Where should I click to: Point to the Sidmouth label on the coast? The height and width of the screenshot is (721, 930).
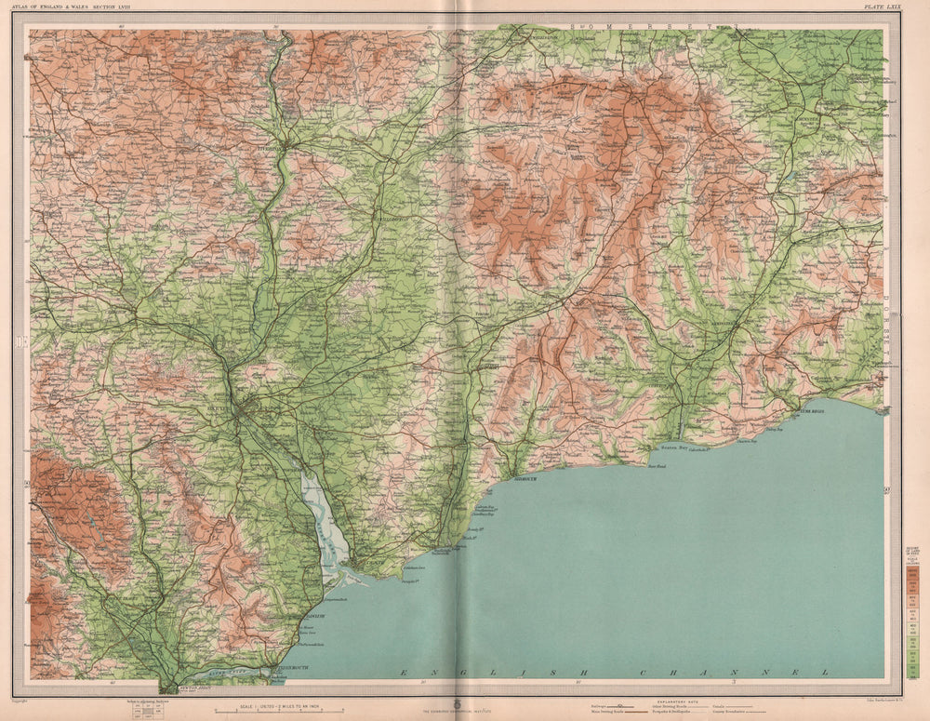tap(525, 480)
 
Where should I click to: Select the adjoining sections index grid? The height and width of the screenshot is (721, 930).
tap(139, 711)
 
